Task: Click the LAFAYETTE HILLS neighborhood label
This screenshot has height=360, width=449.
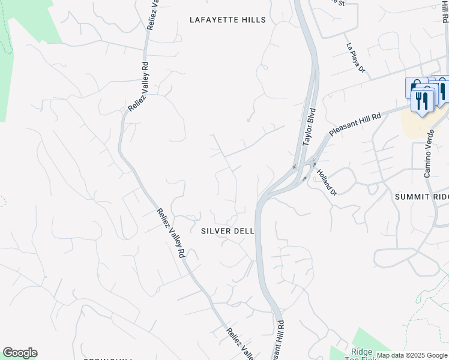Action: coord(228,20)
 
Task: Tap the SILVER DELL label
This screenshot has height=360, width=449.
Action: coord(228,230)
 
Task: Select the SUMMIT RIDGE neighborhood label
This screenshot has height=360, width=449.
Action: coord(421,197)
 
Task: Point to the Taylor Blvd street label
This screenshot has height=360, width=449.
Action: coord(309,127)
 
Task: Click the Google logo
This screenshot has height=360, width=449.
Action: coord(20,353)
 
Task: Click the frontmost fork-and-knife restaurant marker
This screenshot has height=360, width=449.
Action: coord(423,100)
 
